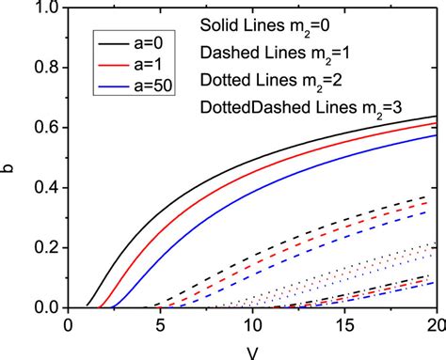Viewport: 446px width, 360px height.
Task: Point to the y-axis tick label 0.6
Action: pos(44,127)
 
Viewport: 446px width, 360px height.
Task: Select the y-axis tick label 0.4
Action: pos(44,187)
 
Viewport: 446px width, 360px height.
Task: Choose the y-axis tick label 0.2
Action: pos(44,247)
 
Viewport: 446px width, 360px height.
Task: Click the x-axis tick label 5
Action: pos(159,325)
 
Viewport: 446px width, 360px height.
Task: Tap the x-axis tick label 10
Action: pos(251,325)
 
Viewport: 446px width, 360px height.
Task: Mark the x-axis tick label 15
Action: pos(343,325)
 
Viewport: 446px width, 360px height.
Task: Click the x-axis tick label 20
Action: pos(434,325)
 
